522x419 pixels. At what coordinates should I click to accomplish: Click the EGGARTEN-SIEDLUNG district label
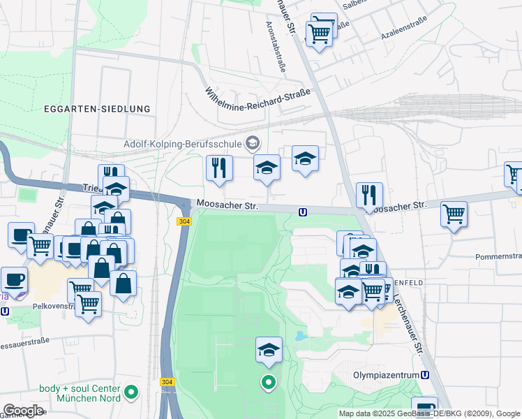pyautogui.click(x=96, y=109)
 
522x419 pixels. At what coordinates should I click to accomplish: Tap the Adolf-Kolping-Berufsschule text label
pyautogui.click(x=182, y=145)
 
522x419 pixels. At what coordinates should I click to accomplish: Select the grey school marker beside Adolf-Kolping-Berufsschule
pyautogui.click(x=253, y=145)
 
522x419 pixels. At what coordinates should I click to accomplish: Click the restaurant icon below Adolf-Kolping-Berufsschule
pyautogui.click(x=219, y=168)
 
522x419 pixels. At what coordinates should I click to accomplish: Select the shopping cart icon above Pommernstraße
pyautogui.click(x=454, y=213)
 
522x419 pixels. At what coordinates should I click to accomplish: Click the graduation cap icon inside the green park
pyautogui.click(x=269, y=350)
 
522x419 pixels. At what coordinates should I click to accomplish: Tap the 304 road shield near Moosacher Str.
pyautogui.click(x=184, y=221)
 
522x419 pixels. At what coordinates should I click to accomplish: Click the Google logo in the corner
pyautogui.click(x=23, y=410)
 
